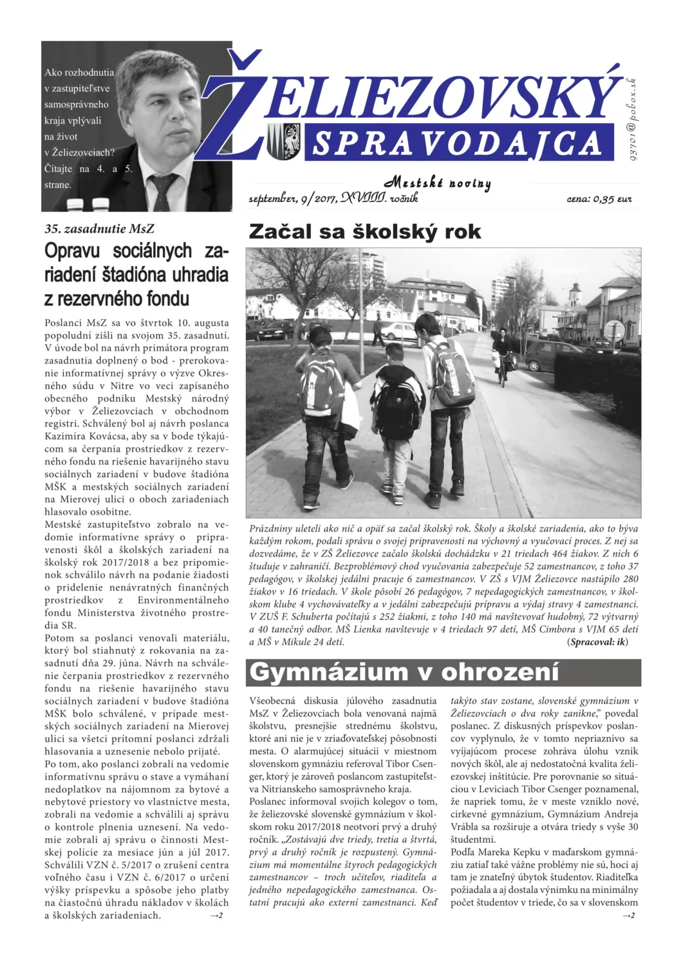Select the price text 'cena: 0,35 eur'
point(599,199)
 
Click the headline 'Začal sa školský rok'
point(364,232)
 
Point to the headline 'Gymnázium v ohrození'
point(404,672)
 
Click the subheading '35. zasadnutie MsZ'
point(99,229)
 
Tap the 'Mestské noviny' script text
point(438,183)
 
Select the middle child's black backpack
point(397,407)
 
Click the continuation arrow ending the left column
point(216,915)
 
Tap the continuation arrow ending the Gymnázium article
point(628,915)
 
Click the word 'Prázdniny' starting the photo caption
point(269,529)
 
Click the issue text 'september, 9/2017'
point(293,199)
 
